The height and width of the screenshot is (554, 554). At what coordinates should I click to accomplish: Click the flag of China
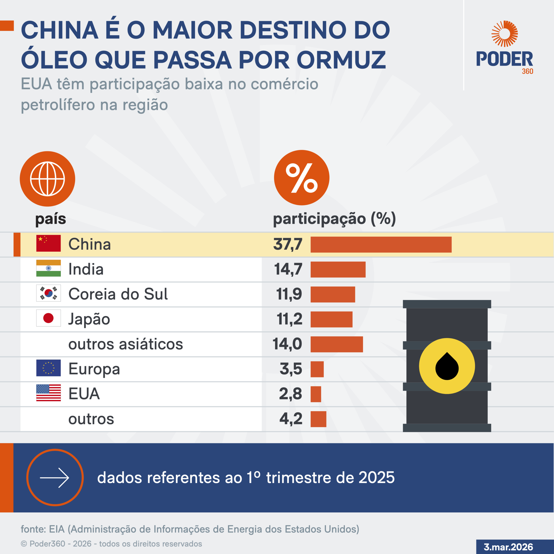(48, 243)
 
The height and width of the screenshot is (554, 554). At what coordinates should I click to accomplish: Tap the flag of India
(48, 268)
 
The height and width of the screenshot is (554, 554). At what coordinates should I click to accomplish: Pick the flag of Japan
(48, 318)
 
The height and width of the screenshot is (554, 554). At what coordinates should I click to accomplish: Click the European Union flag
(48, 368)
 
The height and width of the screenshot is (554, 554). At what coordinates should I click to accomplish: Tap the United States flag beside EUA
(48, 393)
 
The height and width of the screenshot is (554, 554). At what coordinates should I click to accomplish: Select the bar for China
(381, 245)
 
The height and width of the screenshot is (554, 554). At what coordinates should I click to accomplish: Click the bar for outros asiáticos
(337, 344)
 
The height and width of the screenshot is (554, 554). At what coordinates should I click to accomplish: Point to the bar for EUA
(316, 394)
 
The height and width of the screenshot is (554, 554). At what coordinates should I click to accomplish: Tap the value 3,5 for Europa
(291, 369)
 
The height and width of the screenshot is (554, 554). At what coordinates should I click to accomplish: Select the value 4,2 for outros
(291, 419)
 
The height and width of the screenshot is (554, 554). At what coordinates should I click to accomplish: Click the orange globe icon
(47, 179)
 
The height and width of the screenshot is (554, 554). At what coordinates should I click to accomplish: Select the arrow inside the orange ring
(55, 478)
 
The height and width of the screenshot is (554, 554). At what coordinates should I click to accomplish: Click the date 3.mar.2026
(508, 547)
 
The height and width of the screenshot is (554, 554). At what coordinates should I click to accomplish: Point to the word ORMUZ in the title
(341, 60)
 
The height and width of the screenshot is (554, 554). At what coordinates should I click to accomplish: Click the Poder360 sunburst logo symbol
(504, 34)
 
